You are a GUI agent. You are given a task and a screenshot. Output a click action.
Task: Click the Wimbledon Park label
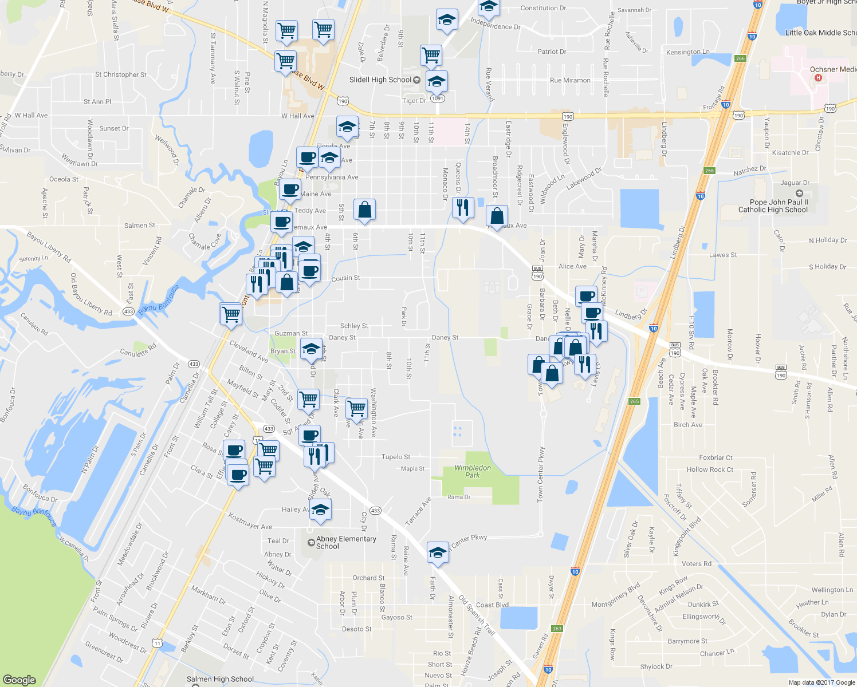tap(473, 471)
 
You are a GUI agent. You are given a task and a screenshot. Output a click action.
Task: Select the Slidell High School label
tap(380, 80)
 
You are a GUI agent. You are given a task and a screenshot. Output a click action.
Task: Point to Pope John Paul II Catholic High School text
tap(773, 206)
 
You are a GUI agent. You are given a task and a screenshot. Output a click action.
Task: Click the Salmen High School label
tap(220, 679)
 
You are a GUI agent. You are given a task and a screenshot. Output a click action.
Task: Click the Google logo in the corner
tap(19, 680)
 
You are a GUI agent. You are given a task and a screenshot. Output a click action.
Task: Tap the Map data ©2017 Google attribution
tap(821, 682)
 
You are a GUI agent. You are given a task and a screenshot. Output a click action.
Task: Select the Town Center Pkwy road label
tap(541, 476)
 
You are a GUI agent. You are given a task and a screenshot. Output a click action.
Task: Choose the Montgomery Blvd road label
tap(616, 596)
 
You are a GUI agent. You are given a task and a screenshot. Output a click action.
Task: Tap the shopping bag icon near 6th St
tap(364, 210)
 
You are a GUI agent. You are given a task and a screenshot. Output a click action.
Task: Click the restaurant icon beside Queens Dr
tap(462, 207)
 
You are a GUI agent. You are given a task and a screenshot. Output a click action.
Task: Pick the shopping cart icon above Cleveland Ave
tap(230, 314)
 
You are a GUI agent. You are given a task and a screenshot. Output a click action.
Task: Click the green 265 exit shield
tap(634, 401)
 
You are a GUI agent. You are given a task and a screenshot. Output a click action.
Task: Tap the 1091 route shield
tap(437, 98)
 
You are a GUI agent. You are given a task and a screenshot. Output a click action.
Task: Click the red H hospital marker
tap(818, 77)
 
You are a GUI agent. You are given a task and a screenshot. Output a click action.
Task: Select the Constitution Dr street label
tap(543, 8)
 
